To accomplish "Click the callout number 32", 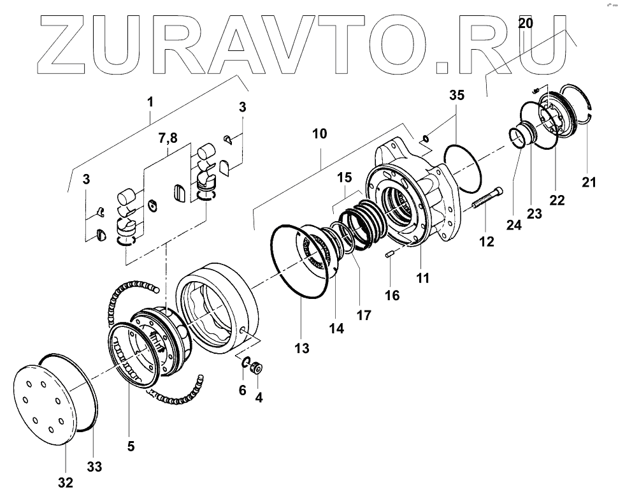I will pos(65,483).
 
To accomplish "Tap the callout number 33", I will pos(94,467).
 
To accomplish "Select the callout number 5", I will pos(131,447).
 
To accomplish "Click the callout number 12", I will pos(487,242).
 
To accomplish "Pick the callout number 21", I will pos(589,182).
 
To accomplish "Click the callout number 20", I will pos(526,24).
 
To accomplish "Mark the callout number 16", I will pos(392,296).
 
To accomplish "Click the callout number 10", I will pos(320,134).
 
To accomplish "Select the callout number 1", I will pos(150,101).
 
